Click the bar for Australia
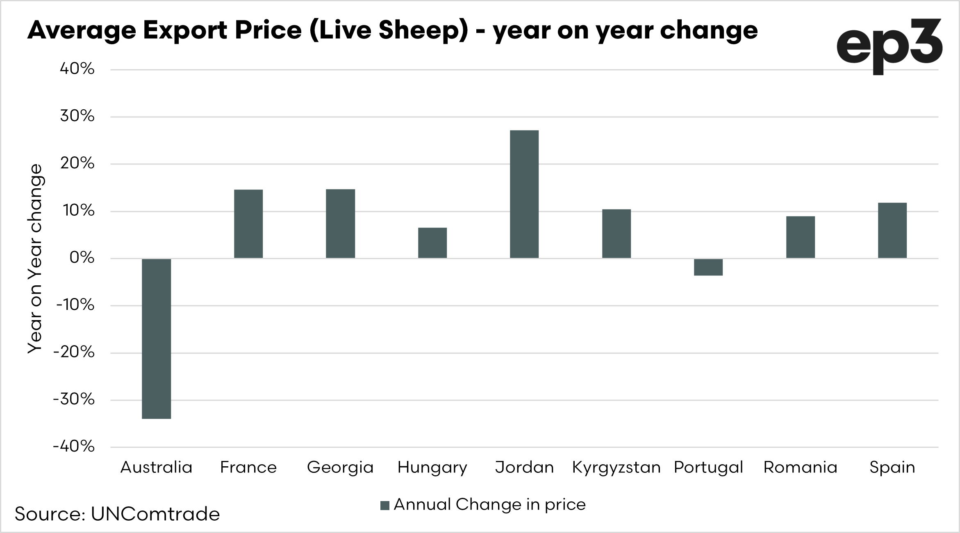(156, 339)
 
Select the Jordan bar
(524, 194)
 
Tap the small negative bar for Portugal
(708, 267)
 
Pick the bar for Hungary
(432, 243)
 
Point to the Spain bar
(892, 230)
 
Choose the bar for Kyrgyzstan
(616, 234)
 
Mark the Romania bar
(800, 237)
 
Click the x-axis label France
(248, 467)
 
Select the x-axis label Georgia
(340, 468)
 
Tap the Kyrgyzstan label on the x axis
(616, 468)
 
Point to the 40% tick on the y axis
(77, 69)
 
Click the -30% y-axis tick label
(74, 400)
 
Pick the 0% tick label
(82, 258)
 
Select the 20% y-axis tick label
(77, 164)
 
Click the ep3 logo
(889, 46)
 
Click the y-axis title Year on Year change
(35, 258)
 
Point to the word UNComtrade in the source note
(155, 514)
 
